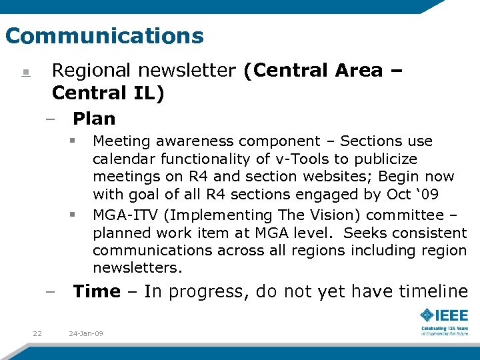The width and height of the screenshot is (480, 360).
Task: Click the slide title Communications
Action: [x=104, y=35]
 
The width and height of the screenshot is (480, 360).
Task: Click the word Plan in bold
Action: [x=94, y=119]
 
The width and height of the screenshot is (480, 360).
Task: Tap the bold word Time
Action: [x=97, y=291]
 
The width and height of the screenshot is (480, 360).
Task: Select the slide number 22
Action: [x=37, y=333]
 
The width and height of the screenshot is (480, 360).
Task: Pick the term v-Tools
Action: [x=298, y=159]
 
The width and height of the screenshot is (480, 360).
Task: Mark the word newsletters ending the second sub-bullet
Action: [x=137, y=268]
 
